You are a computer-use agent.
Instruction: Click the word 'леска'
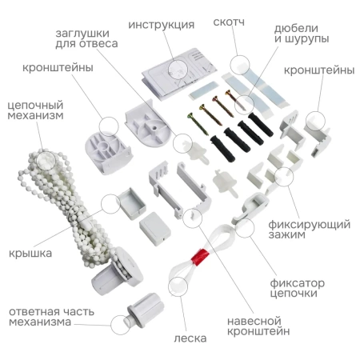tap(190, 338)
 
